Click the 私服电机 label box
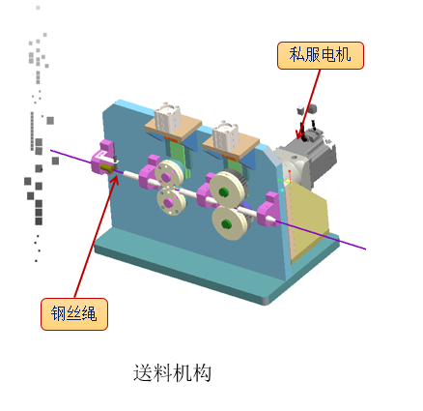(x=321, y=55)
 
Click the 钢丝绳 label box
(x=74, y=314)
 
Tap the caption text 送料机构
(x=172, y=373)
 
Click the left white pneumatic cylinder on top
(x=167, y=117)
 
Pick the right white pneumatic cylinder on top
(x=225, y=134)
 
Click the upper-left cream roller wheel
(x=169, y=175)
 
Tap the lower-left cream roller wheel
(x=171, y=202)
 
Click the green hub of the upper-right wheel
(x=223, y=192)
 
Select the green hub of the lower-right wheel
(x=226, y=223)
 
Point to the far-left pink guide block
(x=102, y=157)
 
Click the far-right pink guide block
(x=268, y=210)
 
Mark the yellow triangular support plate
(x=307, y=220)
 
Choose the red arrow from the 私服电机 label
(x=308, y=103)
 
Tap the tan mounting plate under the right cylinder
(x=231, y=145)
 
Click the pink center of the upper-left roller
(x=166, y=177)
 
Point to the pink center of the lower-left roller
(x=168, y=202)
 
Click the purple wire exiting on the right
(x=322, y=235)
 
